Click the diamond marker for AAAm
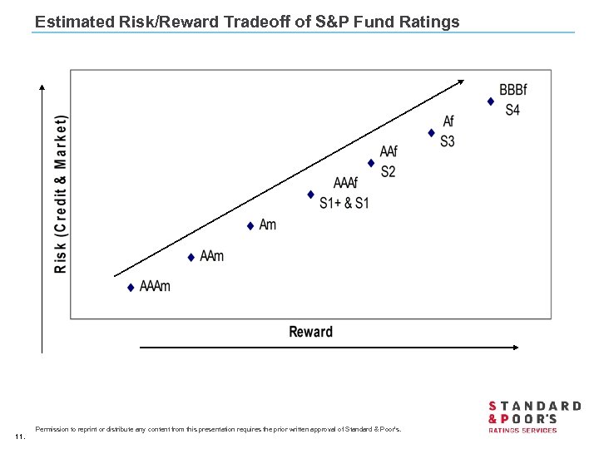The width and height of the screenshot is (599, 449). point(131,288)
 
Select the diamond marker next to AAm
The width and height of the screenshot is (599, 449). point(191,258)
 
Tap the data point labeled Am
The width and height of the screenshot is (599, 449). point(250,226)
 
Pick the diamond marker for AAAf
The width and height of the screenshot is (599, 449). point(310,195)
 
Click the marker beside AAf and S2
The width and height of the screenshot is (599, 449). point(371,163)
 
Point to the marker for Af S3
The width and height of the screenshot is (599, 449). point(431,132)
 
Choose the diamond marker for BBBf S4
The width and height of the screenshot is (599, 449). point(491,101)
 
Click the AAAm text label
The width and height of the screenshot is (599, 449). point(155,287)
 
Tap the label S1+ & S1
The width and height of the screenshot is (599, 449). point(344,203)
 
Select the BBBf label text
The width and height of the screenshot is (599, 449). point(512,90)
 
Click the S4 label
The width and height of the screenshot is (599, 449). point(512,110)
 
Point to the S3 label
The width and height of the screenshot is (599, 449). point(448,141)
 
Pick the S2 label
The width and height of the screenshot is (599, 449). point(388,172)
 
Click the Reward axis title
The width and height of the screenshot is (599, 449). point(310,332)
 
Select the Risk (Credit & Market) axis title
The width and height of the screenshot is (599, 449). point(61,194)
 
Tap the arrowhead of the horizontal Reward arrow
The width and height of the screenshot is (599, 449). point(515,348)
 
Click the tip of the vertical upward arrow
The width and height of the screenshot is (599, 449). point(42,86)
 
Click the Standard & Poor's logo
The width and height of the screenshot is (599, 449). point(533,417)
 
